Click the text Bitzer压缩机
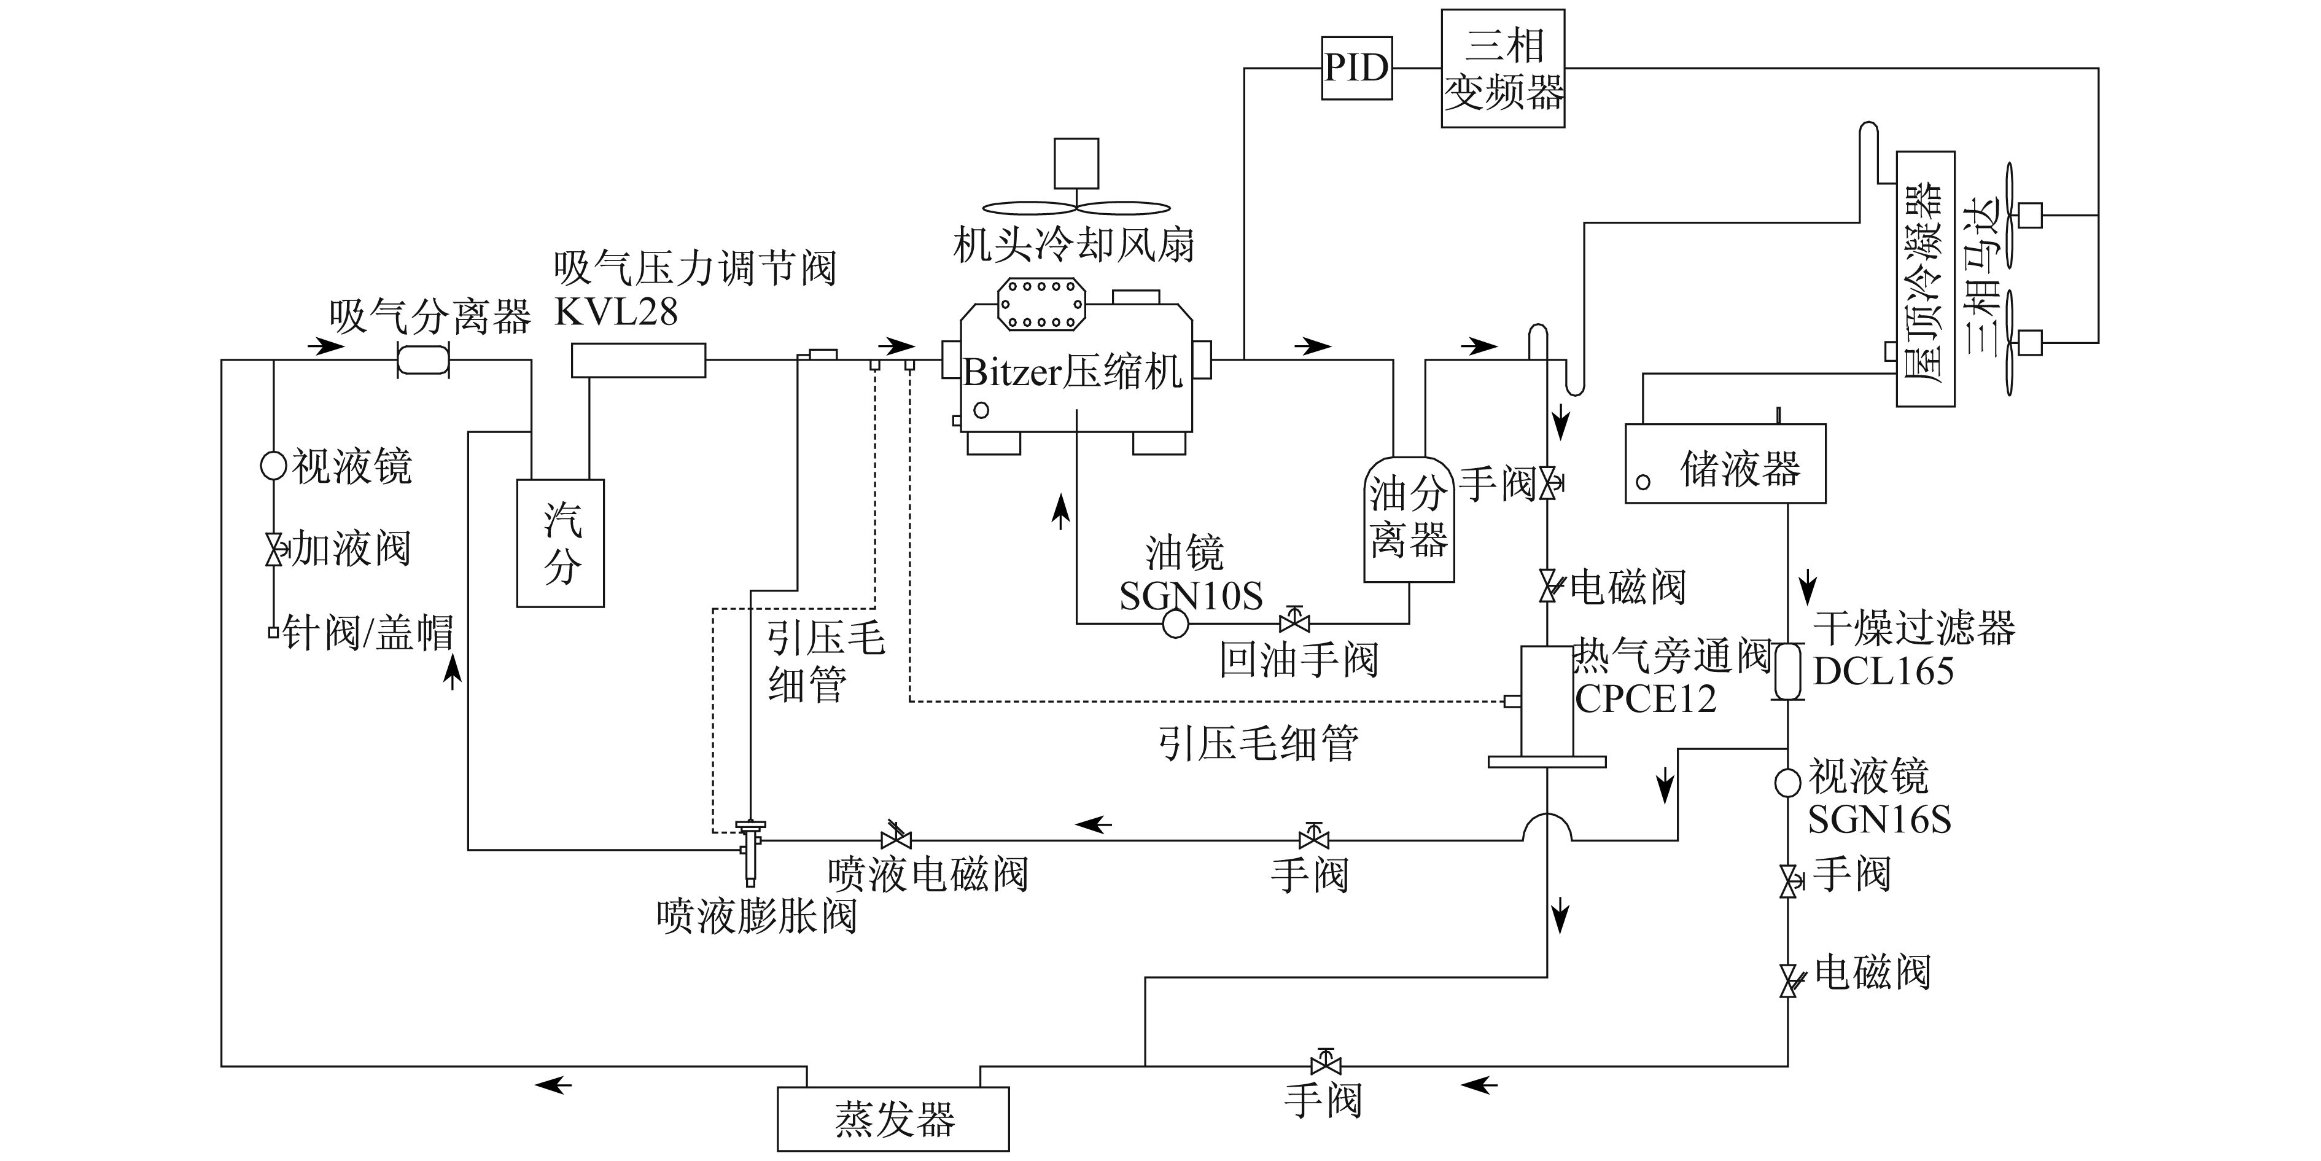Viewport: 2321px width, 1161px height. pos(1072,372)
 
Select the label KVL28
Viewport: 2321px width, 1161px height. pos(616,312)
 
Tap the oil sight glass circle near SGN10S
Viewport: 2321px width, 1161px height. pos(1176,623)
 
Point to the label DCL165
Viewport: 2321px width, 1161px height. pos(1883,671)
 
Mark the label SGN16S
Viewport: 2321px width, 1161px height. pos(1880,819)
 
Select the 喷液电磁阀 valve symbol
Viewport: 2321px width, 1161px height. pos(896,837)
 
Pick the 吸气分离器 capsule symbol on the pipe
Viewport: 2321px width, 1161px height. pos(422,361)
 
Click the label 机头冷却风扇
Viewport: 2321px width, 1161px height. pos(1074,244)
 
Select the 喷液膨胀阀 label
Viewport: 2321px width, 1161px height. pos(757,917)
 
